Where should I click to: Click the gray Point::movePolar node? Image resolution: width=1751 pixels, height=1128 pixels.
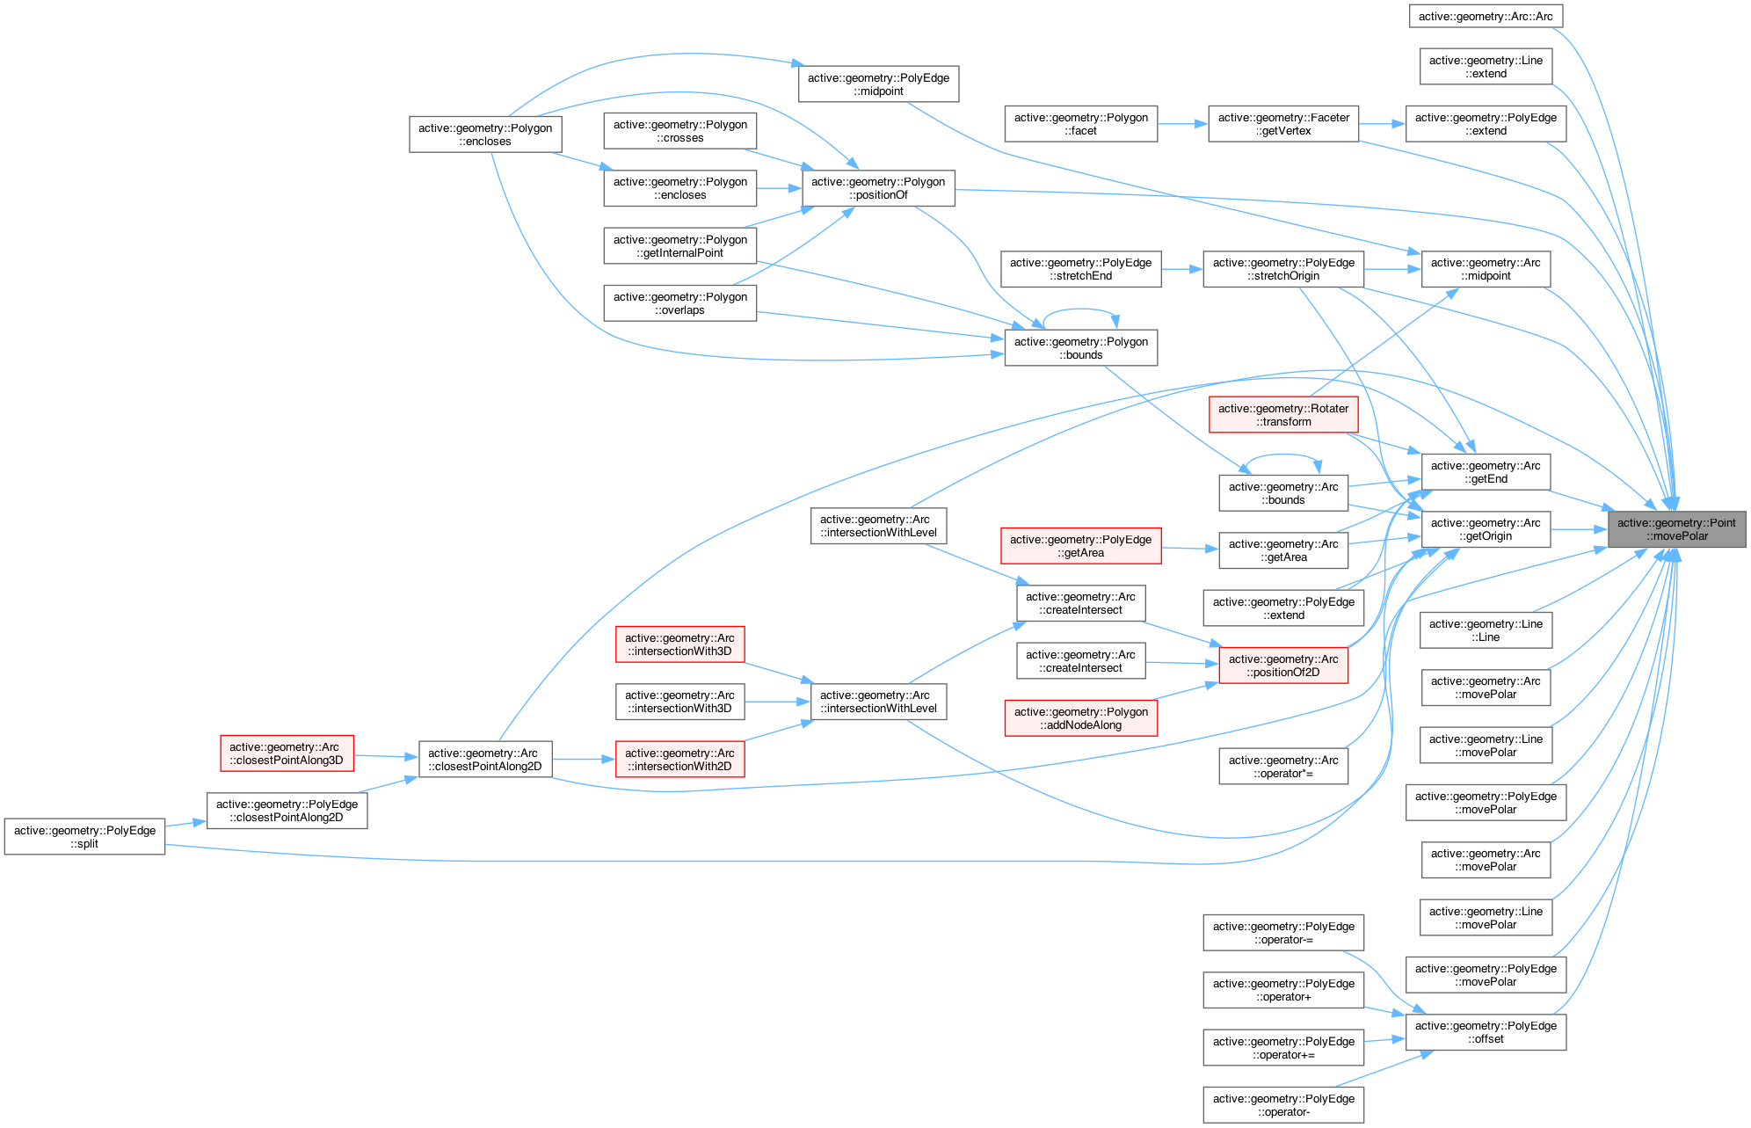tap(1676, 529)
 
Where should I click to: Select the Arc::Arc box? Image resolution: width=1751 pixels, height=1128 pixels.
tap(1486, 16)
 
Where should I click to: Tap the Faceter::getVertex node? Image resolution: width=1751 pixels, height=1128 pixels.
tap(1283, 124)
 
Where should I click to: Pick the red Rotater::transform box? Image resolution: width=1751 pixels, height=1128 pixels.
tap(1282, 415)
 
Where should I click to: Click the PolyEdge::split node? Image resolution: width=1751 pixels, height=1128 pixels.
tap(84, 837)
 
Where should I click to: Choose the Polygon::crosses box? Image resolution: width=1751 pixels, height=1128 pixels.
tap(679, 131)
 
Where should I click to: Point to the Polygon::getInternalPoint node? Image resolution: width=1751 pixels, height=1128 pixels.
tap(679, 246)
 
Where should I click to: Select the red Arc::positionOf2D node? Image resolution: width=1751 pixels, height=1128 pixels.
tap(1282, 666)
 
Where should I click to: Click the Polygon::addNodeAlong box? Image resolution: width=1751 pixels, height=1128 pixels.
tap(1080, 718)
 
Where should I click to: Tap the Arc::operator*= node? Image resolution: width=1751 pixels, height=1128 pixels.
tap(1282, 767)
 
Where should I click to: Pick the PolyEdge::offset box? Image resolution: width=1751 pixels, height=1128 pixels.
tap(1486, 1032)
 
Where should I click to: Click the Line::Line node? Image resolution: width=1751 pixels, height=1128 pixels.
tap(1486, 630)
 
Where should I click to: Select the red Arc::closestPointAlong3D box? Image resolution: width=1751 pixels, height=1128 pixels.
tap(287, 753)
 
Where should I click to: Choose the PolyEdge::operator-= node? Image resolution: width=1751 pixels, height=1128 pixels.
tap(1282, 933)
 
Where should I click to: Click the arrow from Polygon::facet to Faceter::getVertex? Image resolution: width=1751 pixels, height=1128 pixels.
tap(1182, 124)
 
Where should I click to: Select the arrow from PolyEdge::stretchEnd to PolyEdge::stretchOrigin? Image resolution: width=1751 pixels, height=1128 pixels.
tap(1181, 269)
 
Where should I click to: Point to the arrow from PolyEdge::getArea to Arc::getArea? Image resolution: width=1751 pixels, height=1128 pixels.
tap(1189, 549)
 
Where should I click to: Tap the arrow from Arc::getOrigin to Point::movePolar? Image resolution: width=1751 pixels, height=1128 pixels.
tap(1579, 529)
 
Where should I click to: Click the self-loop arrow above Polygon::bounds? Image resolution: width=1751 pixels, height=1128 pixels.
tap(1079, 310)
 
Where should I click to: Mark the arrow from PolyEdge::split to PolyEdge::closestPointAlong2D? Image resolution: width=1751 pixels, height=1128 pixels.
tap(185, 824)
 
